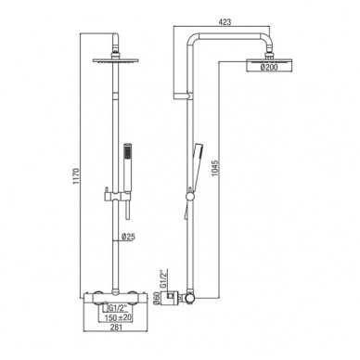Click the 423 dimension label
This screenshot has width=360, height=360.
coord(225,22)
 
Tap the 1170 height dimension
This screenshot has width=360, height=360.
coord(76,176)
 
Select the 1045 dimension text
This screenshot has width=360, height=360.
coord(215,168)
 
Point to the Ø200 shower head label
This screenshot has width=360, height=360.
coord(269,68)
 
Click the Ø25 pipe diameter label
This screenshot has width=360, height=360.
coord(128,238)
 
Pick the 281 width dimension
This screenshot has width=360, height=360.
coord(116,328)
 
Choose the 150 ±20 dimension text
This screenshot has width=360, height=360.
coord(118,317)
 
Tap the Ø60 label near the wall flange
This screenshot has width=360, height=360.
coord(157,298)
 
